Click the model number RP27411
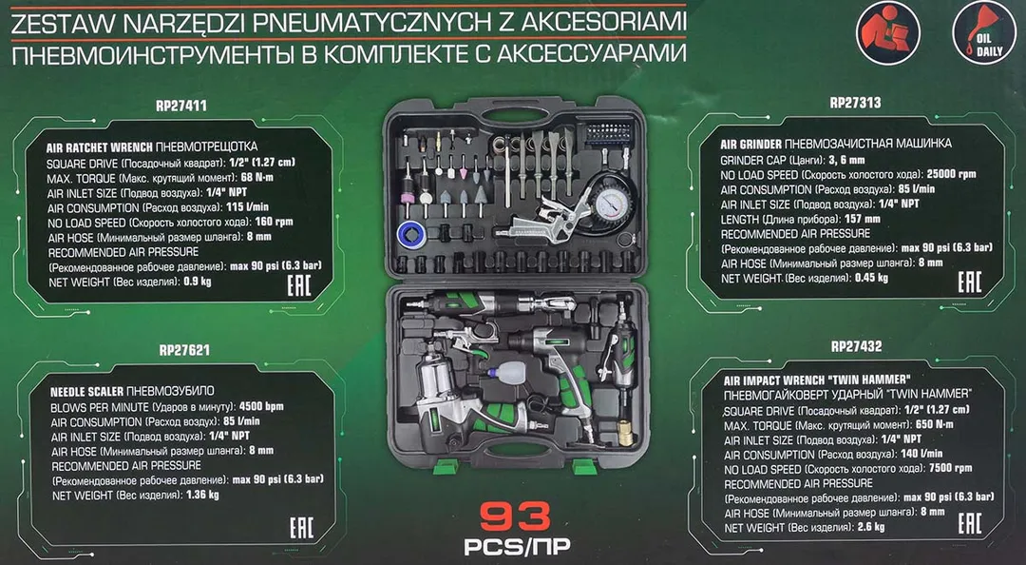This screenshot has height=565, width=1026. coord(181,106)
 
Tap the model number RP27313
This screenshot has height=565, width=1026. coord(855,102)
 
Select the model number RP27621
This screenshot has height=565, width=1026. coord(184,350)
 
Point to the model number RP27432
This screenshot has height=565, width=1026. coord(857,346)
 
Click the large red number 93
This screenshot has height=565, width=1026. coord(516,517)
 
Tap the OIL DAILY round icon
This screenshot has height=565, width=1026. coord(983,32)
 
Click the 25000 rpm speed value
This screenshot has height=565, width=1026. coord(951,174)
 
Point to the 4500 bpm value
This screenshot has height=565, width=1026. coord(262,406)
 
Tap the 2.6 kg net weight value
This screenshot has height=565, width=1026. coord(870,527)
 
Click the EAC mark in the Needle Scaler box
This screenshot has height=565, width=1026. coord(302,528)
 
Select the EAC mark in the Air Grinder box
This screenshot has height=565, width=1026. coord(970,282)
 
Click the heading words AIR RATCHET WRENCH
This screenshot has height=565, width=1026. coord(100,147)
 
